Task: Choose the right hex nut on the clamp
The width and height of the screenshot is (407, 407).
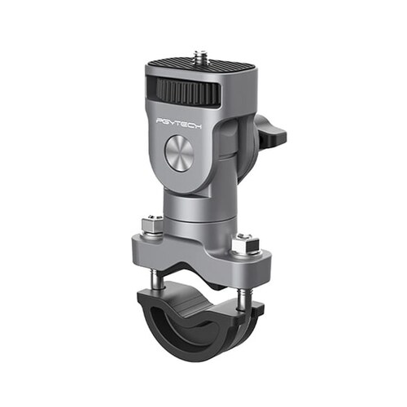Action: coord(243,242)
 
